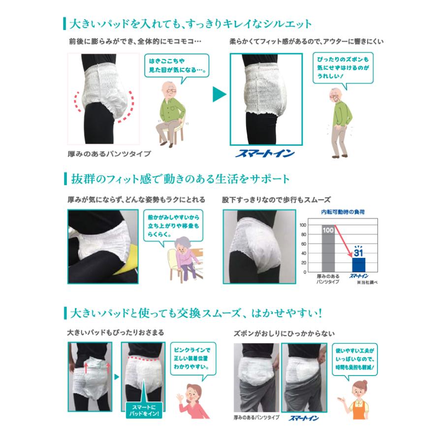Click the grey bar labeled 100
tap(328, 249)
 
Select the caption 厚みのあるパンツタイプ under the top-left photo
tap(109, 154)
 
